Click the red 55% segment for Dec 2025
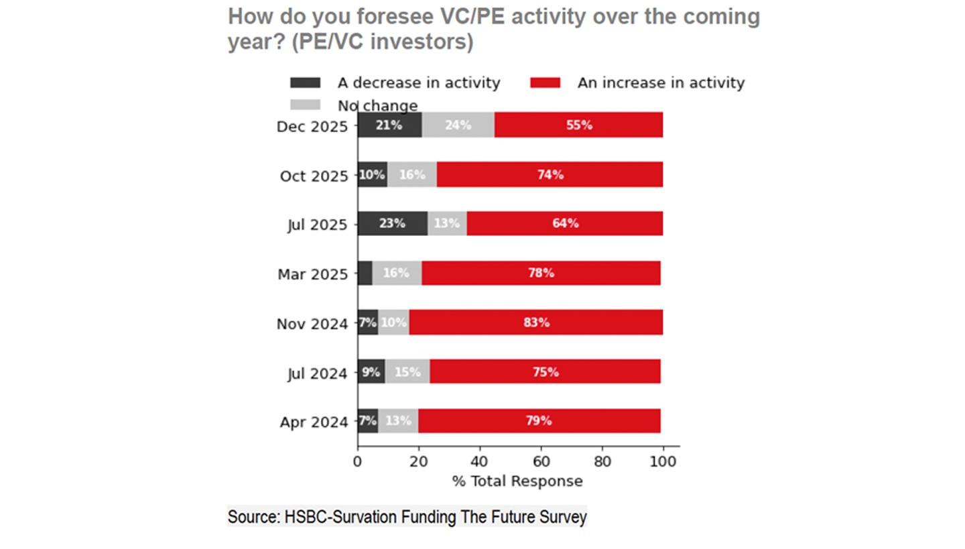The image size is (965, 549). point(579,125)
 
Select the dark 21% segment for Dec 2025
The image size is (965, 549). point(389,125)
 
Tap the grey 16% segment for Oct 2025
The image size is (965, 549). point(412,175)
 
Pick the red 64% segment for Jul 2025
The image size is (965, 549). point(565,224)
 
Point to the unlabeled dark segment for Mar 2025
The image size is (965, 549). point(365,273)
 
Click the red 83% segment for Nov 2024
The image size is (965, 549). point(536,322)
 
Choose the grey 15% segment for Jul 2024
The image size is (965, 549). point(407,372)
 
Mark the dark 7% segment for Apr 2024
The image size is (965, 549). point(368,421)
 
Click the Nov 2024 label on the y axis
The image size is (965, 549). point(312,324)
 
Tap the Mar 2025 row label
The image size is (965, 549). point(313,274)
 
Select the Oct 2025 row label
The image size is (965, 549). point(314,176)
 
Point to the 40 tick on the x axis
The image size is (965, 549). point(479,461)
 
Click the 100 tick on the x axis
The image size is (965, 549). point(663,461)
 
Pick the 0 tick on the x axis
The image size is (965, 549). point(357,461)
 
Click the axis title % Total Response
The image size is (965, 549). point(517,481)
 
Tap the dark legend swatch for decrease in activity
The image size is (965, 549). point(305,83)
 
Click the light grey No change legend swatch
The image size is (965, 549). point(305,105)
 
